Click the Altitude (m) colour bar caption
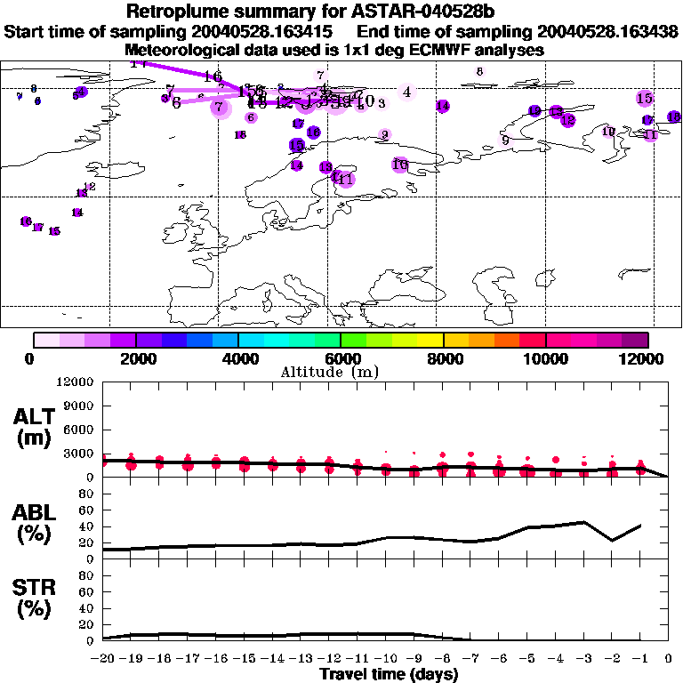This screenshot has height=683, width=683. point(341,372)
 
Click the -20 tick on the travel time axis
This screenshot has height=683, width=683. point(103,658)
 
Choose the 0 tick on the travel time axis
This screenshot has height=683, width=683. point(668,658)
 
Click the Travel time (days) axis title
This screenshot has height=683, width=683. point(389,674)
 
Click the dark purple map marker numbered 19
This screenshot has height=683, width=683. point(297,145)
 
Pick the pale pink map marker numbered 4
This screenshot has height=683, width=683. point(406,92)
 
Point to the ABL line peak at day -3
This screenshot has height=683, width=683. point(583,522)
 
